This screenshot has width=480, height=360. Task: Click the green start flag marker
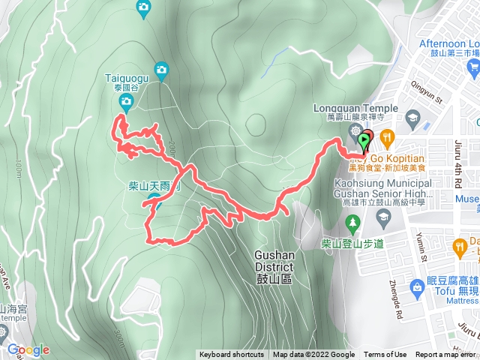pos(365,140)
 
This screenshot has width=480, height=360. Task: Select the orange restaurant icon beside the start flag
pos(387,136)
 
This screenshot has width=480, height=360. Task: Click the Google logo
pos(28,349)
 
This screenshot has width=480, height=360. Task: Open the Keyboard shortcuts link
pos(232,355)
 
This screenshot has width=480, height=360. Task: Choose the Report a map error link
pos(446,355)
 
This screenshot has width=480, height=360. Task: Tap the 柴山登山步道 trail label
pos(352,243)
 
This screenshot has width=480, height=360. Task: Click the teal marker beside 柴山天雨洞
pos(154,199)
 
